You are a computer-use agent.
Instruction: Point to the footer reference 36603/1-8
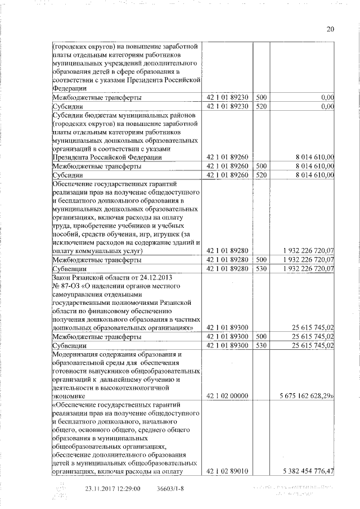[x=170, y=488]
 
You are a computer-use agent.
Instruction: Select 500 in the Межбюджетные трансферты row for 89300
[x=261, y=336]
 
